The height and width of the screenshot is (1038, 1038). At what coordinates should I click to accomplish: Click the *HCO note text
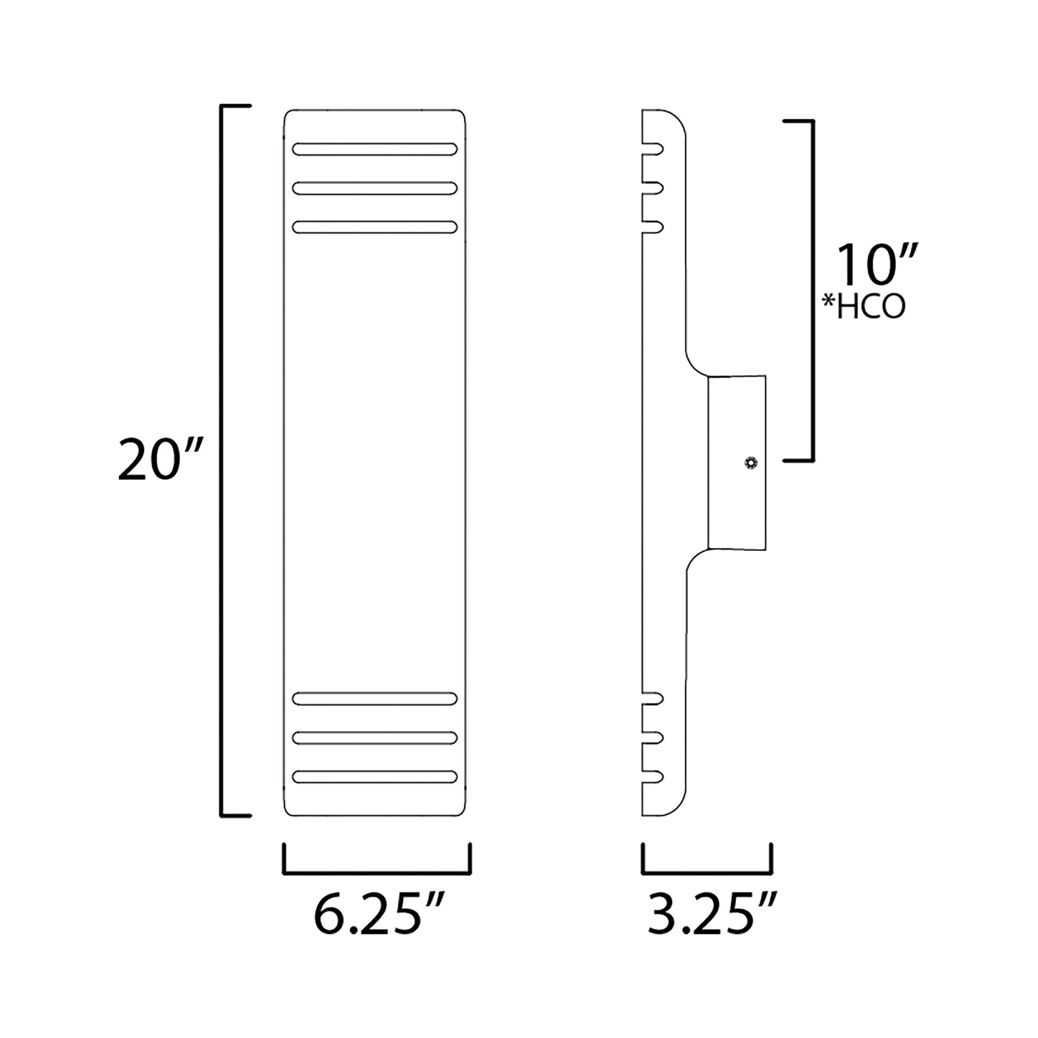pos(864,308)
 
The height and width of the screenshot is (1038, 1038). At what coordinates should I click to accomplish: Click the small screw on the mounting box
pos(750,462)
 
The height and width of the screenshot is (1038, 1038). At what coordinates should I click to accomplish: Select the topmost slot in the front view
pos(374,149)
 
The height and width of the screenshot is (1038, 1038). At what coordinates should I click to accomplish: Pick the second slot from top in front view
pos(374,188)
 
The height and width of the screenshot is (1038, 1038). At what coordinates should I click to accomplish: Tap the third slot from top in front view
pos(374,227)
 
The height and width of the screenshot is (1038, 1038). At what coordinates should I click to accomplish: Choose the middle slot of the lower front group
pos(374,738)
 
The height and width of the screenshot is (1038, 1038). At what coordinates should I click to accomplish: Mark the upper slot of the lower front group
pos(374,698)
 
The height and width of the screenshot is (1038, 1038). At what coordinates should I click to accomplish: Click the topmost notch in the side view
pos(653,149)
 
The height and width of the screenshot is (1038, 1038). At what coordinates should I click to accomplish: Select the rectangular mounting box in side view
pos(737,462)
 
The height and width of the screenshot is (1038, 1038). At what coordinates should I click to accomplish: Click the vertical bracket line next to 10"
pos(813,290)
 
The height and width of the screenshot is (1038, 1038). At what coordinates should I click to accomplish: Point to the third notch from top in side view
pos(653,227)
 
